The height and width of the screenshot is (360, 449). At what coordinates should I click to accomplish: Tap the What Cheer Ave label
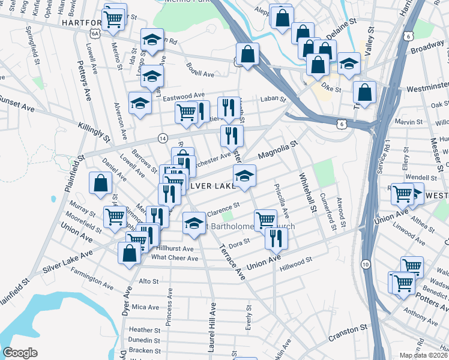(175, 258)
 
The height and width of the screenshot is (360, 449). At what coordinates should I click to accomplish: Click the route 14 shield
(163, 138)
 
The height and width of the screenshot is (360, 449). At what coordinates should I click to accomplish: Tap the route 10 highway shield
(366, 264)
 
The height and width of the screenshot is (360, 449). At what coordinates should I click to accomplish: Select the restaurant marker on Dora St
(276, 238)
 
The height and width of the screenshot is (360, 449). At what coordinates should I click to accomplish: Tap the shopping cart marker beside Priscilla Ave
(265, 220)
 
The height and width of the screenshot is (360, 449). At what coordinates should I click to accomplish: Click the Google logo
(20, 353)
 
